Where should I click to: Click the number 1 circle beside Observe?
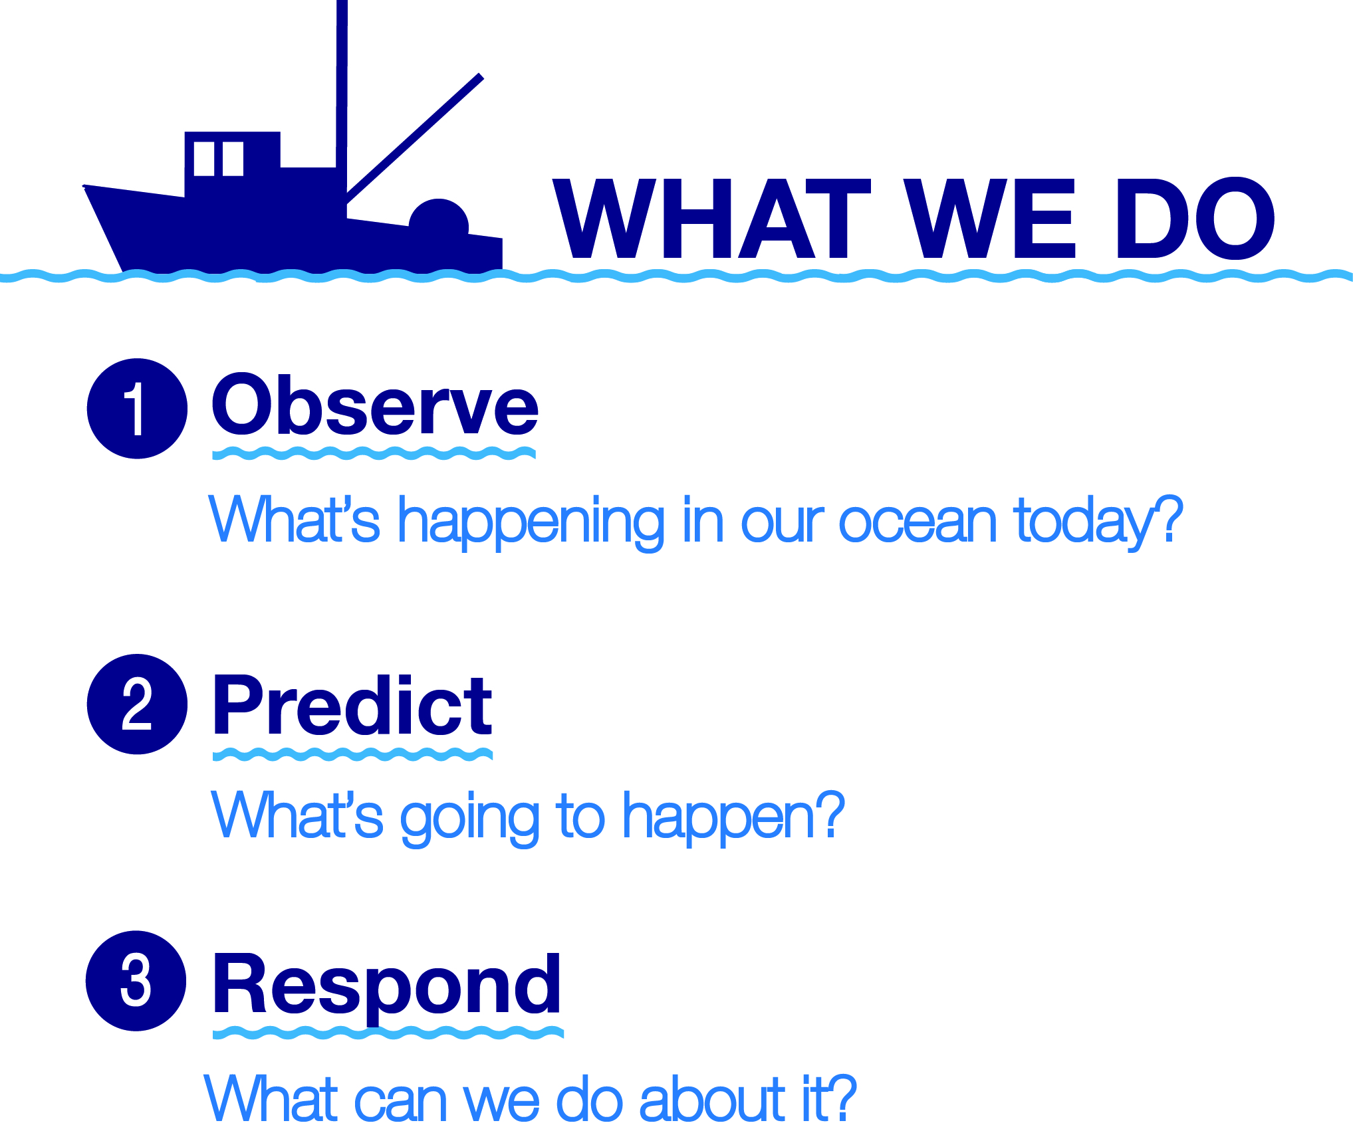pyautogui.click(x=137, y=408)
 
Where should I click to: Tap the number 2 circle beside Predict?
pyautogui.click(x=137, y=704)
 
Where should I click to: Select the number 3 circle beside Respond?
pyautogui.click(x=136, y=980)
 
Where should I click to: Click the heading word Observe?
pyautogui.click(x=375, y=404)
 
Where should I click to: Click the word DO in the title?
pyautogui.click(x=1195, y=218)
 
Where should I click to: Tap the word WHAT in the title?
pyautogui.click(x=711, y=218)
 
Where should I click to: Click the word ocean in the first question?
pyautogui.click(x=918, y=522)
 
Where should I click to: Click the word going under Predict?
pyautogui.click(x=470, y=819)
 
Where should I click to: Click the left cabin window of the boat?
pyautogui.click(x=204, y=158)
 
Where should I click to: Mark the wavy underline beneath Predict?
pyautogui.click(x=352, y=754)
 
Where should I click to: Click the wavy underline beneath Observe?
pyautogui.click(x=374, y=453)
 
